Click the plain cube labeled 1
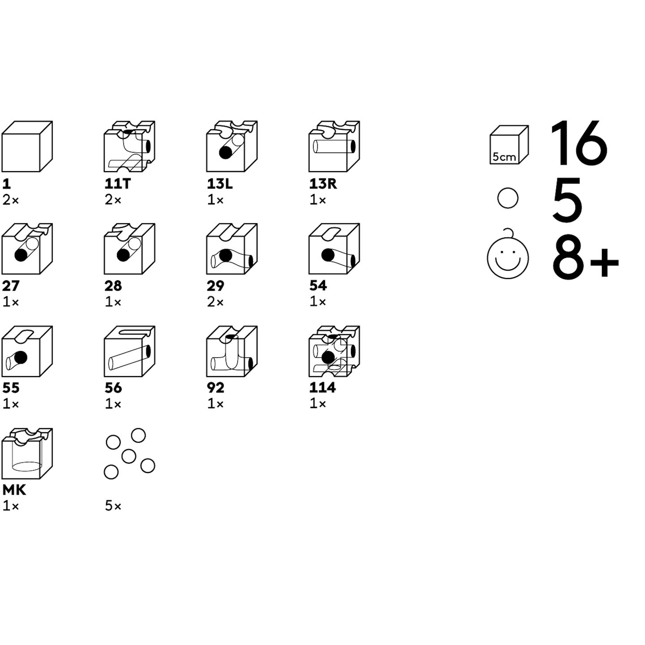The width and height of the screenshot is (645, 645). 27,146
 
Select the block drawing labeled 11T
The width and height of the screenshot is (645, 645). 129,146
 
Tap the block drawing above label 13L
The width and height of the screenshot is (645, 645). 232,146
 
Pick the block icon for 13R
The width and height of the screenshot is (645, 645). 334,146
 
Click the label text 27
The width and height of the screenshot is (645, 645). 11,286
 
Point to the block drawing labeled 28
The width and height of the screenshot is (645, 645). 129,249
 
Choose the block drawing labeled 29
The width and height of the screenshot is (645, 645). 232,249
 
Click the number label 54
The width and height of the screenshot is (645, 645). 318,286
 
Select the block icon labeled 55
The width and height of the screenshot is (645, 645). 27,351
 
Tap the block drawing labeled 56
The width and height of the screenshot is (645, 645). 129,351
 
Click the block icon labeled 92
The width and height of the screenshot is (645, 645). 232,351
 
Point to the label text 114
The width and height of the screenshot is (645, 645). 322,387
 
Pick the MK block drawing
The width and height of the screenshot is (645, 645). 27,453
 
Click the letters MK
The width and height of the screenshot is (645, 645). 14,490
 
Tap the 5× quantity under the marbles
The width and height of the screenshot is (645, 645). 113,506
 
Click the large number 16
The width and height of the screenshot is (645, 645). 578,142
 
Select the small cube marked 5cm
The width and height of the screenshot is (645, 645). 509,145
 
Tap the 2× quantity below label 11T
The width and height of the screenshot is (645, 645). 113,200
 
